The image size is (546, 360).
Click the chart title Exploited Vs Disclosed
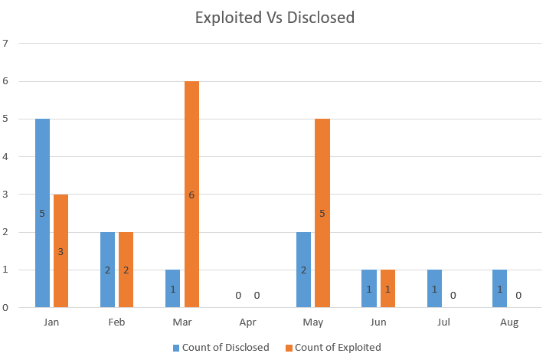pyautogui.click(x=274, y=17)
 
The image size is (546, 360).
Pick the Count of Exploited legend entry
pyautogui.click(x=338, y=347)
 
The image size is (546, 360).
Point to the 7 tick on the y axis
pyautogui.click(x=6, y=44)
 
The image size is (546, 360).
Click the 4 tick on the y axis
pyautogui.click(x=6, y=157)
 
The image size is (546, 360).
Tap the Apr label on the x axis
pyautogui.click(x=247, y=322)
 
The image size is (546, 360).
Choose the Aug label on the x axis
pyautogui.click(x=508, y=322)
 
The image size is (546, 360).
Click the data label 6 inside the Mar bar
pyautogui.click(x=191, y=195)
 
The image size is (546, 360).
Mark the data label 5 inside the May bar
pyautogui.click(x=322, y=214)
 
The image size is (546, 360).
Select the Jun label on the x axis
pyautogui.click(x=378, y=322)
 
